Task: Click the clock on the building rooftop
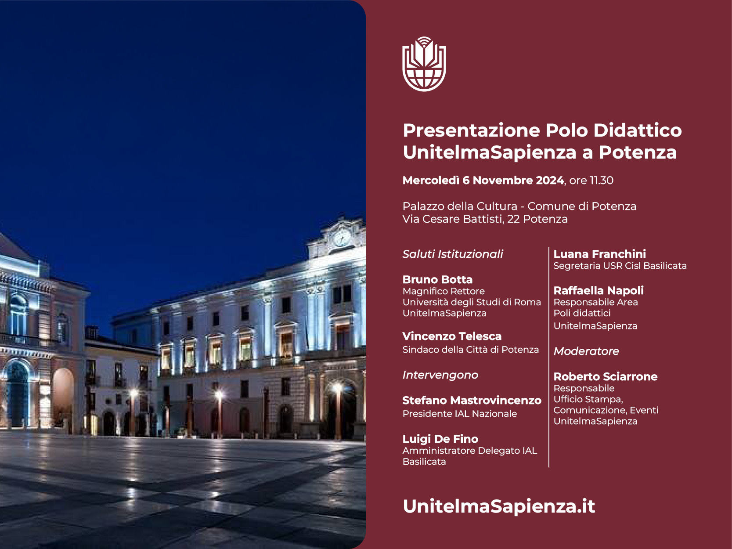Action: point(342,238)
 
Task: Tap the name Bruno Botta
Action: point(437,279)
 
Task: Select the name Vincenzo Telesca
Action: point(452,336)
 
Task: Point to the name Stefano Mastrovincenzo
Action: point(472,400)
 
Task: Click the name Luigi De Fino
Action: point(440,439)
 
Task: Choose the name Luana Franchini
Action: point(599,254)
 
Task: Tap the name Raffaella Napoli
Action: point(599,291)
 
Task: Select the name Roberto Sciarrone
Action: point(605,376)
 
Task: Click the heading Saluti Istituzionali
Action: point(453,254)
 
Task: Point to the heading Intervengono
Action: point(440,375)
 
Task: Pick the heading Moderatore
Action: point(586,351)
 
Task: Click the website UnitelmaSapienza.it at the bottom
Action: point(499,506)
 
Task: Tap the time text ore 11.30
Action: point(591,181)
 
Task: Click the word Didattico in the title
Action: point(638,130)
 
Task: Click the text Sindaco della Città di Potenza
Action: point(471,350)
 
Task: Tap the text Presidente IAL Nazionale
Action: point(460,414)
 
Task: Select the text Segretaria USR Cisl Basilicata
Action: point(620,266)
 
